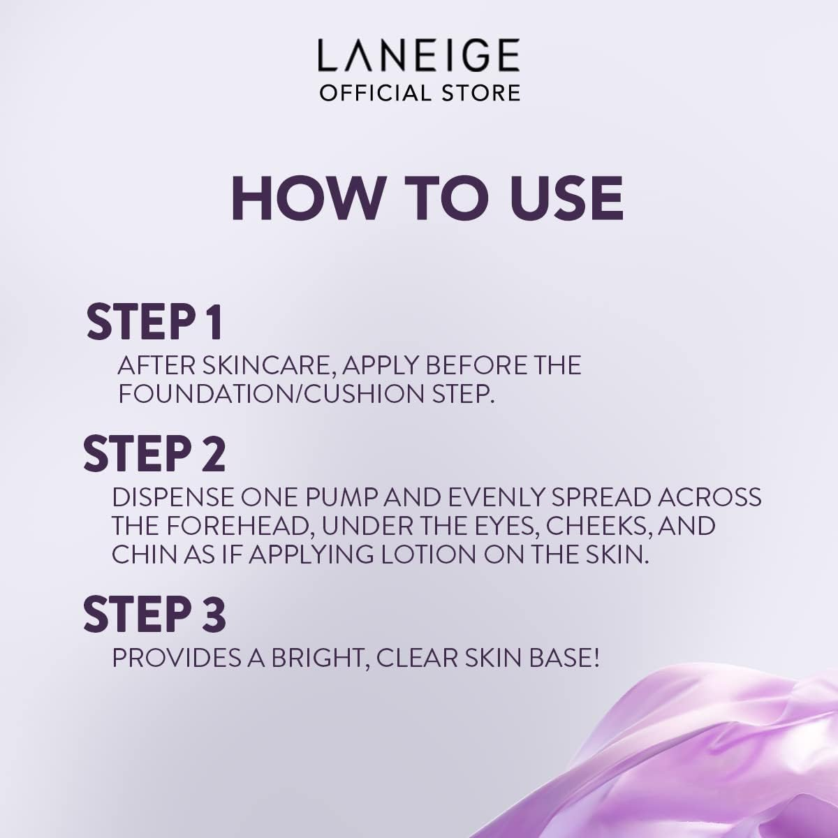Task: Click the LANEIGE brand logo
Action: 419,56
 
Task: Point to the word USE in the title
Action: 565,198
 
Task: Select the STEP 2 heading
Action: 154,453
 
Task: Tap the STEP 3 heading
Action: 154,614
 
